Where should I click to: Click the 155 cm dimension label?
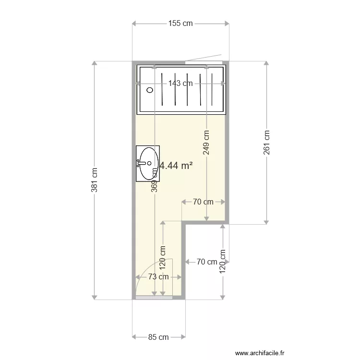[180, 24]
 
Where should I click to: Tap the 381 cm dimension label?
[95, 180]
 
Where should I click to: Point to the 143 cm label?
[180, 83]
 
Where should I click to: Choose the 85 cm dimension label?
[158, 337]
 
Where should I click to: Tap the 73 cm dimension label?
[158, 276]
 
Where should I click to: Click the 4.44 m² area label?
[176, 166]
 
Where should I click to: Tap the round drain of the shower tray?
[150, 89]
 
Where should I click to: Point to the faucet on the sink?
[141, 163]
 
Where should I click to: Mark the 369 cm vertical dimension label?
[155, 180]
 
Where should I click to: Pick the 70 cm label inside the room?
[203, 202]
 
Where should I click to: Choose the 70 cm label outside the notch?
[207, 262]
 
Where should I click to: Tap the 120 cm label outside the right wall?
[223, 262]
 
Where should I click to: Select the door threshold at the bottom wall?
[154, 298]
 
